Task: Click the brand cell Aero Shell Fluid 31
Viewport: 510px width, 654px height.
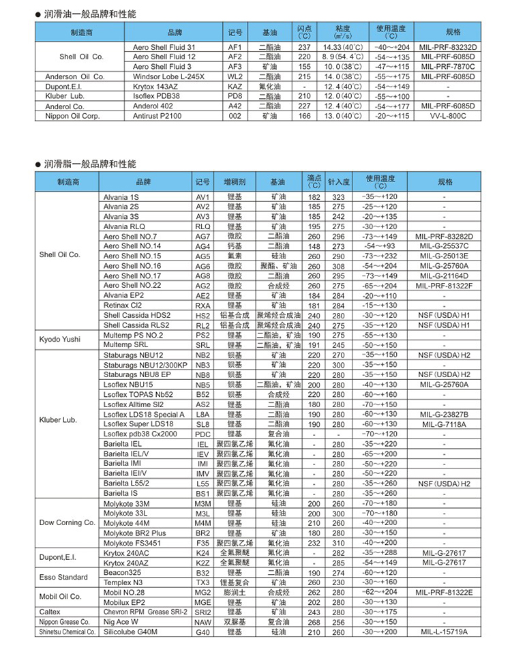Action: pyautogui.click(x=164, y=47)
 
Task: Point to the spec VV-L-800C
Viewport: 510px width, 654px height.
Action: pyautogui.click(x=447, y=117)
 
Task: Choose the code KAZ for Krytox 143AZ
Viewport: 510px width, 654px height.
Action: pyautogui.click(x=235, y=87)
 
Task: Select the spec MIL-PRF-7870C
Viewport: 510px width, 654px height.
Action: pyautogui.click(x=447, y=67)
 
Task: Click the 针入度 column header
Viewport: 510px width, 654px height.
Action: pyautogui.click(x=338, y=182)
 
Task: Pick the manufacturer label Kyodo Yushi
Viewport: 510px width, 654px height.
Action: pyautogui.click(x=60, y=339)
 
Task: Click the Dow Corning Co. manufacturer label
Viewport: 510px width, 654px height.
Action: pyautogui.click(x=67, y=522)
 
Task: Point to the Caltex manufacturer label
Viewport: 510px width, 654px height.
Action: pyautogui.click(x=50, y=612)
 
